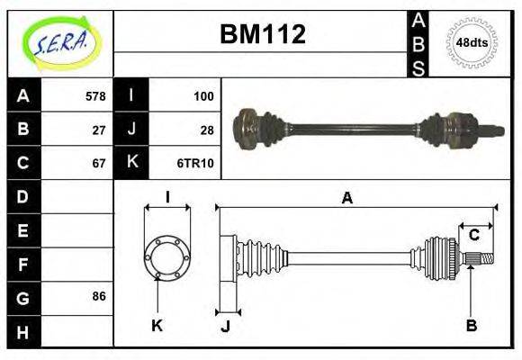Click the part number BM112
pos(263,34)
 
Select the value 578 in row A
pos(95,96)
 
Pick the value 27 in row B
pos(99,130)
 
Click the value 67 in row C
pos(99,163)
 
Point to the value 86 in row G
pos(99,296)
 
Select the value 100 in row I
pos(202,96)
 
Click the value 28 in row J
pos(206,130)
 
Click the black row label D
pos(22,196)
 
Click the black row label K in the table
pos(131,163)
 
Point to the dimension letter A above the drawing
pos(346,198)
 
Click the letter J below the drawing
pos(225,327)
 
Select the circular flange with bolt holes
pos(167,256)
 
